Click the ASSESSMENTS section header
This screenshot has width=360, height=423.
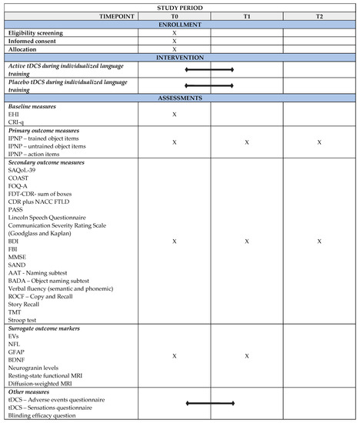coord(179,98)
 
